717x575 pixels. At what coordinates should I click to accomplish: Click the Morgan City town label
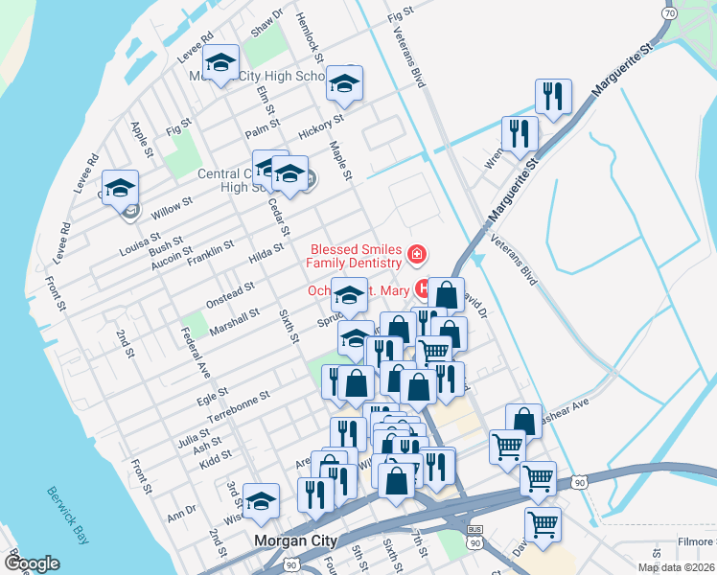point(295,541)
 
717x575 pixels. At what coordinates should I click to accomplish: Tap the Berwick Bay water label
point(67,513)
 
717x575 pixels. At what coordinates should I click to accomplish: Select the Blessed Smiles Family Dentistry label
point(355,256)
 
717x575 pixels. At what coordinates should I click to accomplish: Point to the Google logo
point(32,563)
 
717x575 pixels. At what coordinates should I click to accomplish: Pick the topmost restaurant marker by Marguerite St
point(553,96)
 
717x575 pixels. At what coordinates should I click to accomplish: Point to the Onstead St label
point(230,291)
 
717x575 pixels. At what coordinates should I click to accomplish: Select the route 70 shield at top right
point(671,13)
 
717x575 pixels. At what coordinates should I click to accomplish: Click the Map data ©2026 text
point(675,567)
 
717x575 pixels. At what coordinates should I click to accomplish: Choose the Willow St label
point(172,206)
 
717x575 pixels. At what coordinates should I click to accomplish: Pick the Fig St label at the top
point(399,14)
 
